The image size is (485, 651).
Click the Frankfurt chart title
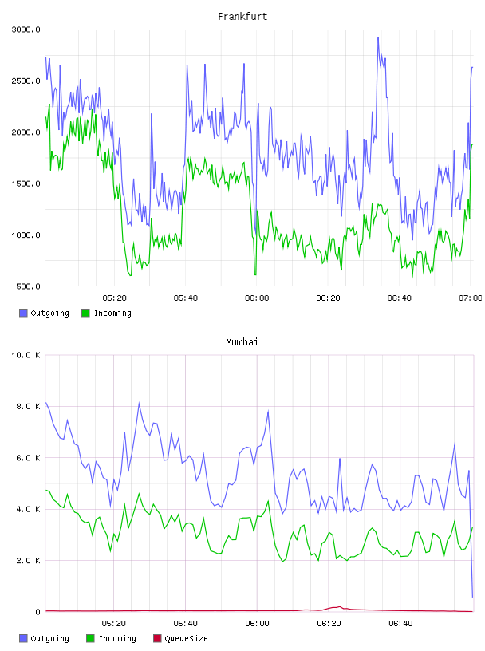click(x=242, y=17)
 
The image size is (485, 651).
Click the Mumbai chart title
click(x=242, y=342)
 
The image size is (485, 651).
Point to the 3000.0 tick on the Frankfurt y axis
click(x=26, y=30)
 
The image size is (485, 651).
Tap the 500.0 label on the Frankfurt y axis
click(x=28, y=286)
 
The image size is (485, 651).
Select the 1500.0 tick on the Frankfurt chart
click(x=26, y=184)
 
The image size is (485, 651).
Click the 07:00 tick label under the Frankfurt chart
click(x=471, y=298)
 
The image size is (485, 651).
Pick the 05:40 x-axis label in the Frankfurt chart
click(x=186, y=298)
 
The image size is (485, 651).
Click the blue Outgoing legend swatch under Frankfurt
click(x=23, y=313)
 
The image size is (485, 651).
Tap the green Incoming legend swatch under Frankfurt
click(x=85, y=313)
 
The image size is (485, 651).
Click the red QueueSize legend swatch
click(x=157, y=638)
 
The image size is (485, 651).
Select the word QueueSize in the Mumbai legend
click(x=187, y=638)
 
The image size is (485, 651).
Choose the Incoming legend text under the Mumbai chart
click(x=117, y=638)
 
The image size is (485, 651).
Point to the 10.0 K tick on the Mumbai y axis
click(x=26, y=355)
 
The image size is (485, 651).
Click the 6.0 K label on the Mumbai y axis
click(x=28, y=458)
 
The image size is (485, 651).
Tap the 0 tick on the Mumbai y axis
click(x=37, y=612)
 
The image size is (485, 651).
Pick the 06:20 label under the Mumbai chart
click(x=329, y=624)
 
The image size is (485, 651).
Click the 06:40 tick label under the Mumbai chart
click(x=400, y=624)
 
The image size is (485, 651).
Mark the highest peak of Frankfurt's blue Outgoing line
click(x=378, y=38)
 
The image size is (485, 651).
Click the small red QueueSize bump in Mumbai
click(x=339, y=607)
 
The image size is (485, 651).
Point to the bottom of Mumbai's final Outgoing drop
click(x=472, y=597)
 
